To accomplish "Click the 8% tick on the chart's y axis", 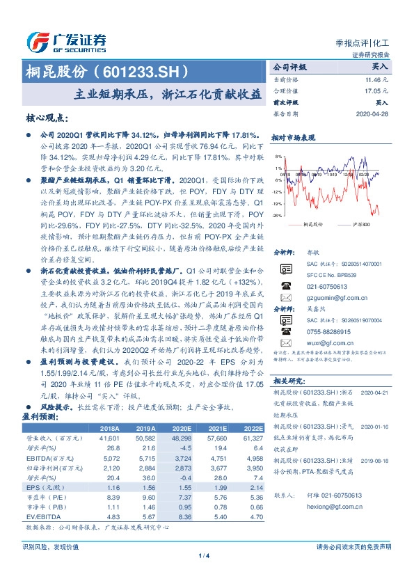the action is tap(278, 157).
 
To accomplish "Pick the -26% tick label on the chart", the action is tap(277, 216).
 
